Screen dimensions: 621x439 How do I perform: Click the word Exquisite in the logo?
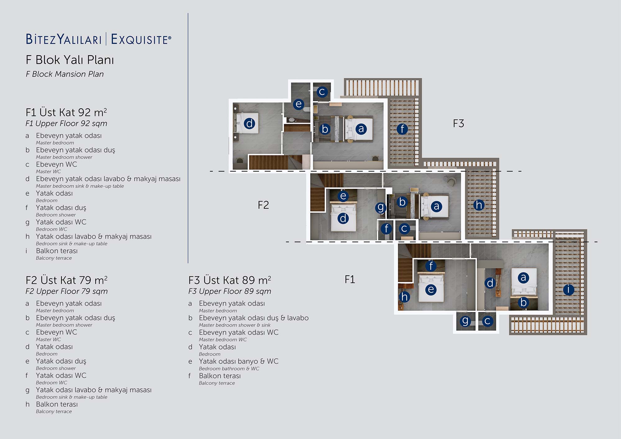(x=141, y=39)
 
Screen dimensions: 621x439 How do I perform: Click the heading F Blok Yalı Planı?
(x=70, y=60)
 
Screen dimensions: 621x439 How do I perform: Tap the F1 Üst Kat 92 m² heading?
(x=66, y=112)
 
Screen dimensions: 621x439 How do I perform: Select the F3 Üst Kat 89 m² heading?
(x=230, y=280)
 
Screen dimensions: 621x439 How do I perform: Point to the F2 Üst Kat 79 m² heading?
(x=66, y=280)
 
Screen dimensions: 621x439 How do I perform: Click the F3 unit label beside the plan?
(x=458, y=124)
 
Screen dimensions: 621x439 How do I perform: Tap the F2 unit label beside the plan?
(x=263, y=205)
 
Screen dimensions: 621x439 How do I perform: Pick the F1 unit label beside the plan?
(x=350, y=279)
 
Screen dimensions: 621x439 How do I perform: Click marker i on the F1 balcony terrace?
(x=569, y=290)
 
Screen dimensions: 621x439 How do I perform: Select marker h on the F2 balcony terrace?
(x=479, y=205)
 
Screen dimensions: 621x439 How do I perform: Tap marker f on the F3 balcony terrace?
(x=402, y=129)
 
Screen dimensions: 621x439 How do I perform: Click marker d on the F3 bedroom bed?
(x=249, y=123)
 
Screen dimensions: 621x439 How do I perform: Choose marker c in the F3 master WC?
(x=322, y=92)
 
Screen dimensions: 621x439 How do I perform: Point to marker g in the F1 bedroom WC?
(x=465, y=321)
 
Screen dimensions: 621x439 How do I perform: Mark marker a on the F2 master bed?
(x=436, y=206)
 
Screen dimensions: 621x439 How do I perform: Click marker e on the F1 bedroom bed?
(x=431, y=290)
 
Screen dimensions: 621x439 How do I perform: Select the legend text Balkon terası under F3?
(x=220, y=376)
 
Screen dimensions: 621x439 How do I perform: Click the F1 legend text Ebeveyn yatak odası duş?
(x=75, y=150)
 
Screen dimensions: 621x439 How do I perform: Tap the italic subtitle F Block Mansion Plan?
(x=65, y=74)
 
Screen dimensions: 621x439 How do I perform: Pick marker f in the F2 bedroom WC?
(x=386, y=229)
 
